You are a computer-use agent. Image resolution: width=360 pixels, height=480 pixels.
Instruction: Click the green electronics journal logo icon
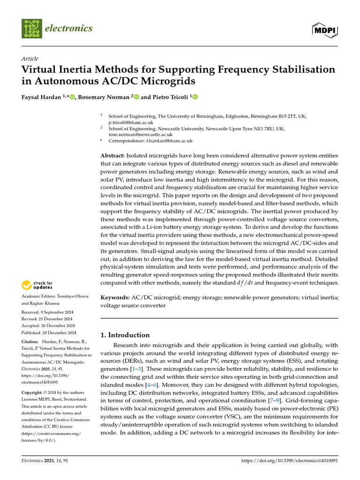[x=31, y=29]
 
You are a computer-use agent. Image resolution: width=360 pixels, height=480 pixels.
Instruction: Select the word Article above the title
[x=30, y=59]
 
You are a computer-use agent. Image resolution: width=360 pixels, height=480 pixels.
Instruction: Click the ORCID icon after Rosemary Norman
[x=136, y=97]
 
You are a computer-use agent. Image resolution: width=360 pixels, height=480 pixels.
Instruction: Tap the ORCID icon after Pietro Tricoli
[x=195, y=97]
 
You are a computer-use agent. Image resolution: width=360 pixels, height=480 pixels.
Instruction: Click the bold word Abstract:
[x=113, y=155]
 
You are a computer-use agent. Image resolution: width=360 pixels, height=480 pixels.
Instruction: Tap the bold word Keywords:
[x=115, y=297]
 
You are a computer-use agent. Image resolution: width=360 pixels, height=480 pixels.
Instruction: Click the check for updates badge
[x=37, y=285]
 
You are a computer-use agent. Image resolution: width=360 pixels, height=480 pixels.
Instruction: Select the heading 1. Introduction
[x=126, y=335]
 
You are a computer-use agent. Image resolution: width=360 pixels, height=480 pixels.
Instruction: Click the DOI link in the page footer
[x=289, y=461]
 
